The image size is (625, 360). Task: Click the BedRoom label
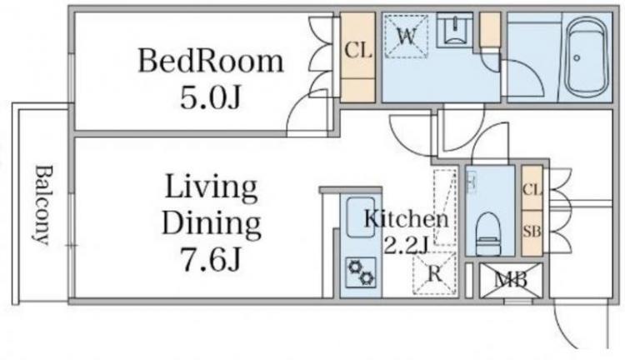pos(211,61)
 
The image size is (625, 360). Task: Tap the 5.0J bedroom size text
pos(211,97)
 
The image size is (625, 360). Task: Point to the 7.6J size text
pos(212,258)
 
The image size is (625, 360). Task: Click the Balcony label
pos(42,205)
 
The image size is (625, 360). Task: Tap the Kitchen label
pos(407,219)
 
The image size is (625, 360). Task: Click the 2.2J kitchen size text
pos(406,245)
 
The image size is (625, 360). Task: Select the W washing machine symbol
pos(406,37)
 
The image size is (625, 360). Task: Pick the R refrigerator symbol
pos(435,274)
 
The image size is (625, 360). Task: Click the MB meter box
pos(511,280)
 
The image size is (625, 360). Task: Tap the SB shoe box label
pos(532,232)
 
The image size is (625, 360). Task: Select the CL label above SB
pos(532,190)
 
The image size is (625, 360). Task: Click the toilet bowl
pos(489,233)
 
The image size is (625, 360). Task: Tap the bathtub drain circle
pos(577,58)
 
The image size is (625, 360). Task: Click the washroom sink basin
pos(455,31)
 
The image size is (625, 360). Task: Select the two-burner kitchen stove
pos(361,272)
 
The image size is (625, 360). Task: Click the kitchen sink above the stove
pos(361,217)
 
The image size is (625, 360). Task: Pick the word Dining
pos(212,225)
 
